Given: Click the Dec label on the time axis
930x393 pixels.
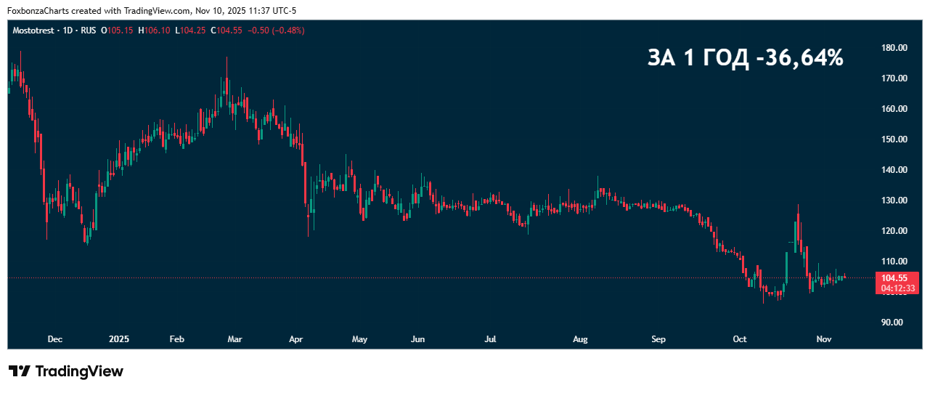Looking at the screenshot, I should pyautogui.click(x=54, y=339).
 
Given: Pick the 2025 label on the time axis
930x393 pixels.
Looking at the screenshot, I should pyautogui.click(x=118, y=339).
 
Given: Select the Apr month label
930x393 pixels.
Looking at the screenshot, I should pyautogui.click(x=295, y=339).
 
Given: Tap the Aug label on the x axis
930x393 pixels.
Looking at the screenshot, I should pyautogui.click(x=580, y=339).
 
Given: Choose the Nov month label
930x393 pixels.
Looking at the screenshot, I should pyautogui.click(x=823, y=339).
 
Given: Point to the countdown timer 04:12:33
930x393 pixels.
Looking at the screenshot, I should pyautogui.click(x=898, y=288).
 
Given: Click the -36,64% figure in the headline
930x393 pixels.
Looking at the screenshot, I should pyautogui.click(x=799, y=58).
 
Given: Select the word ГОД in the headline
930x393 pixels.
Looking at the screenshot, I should pyautogui.click(x=725, y=58).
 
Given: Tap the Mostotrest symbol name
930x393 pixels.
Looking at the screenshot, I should pyautogui.click(x=34, y=31).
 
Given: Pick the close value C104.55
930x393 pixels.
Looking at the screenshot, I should pyautogui.click(x=228, y=31).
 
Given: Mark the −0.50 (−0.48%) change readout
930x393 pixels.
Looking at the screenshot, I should pyautogui.click(x=277, y=31).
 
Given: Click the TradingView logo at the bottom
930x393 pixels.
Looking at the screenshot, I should pyautogui.click(x=66, y=371).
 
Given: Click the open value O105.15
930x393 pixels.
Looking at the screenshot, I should pyautogui.click(x=117, y=31).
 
